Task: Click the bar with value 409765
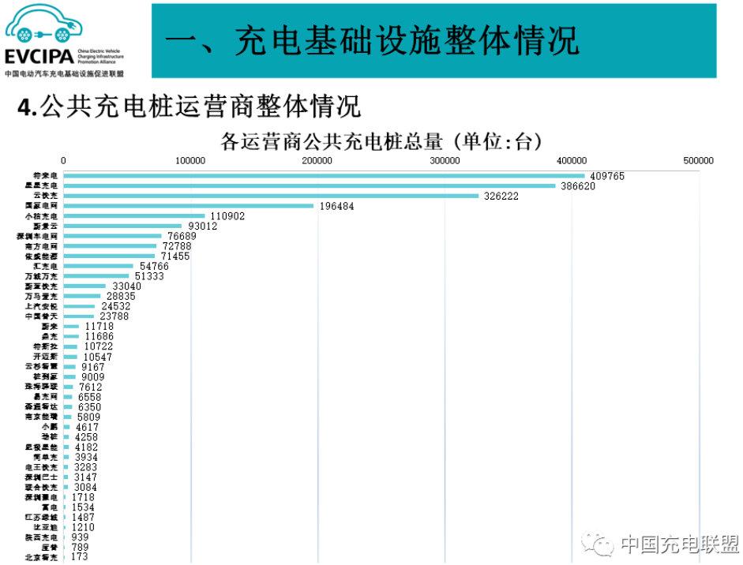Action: click(324, 176)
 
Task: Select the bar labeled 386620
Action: click(310, 186)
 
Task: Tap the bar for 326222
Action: click(271, 196)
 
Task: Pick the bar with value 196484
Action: click(188, 206)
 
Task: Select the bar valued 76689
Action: click(112, 236)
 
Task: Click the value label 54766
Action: click(154, 267)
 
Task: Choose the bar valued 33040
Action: click(84, 286)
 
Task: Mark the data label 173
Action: click(79, 557)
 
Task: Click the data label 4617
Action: click(87, 427)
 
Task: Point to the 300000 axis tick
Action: click(445, 160)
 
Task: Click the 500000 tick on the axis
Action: click(698, 160)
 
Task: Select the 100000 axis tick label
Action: click(190, 160)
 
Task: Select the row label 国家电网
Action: click(41, 206)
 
